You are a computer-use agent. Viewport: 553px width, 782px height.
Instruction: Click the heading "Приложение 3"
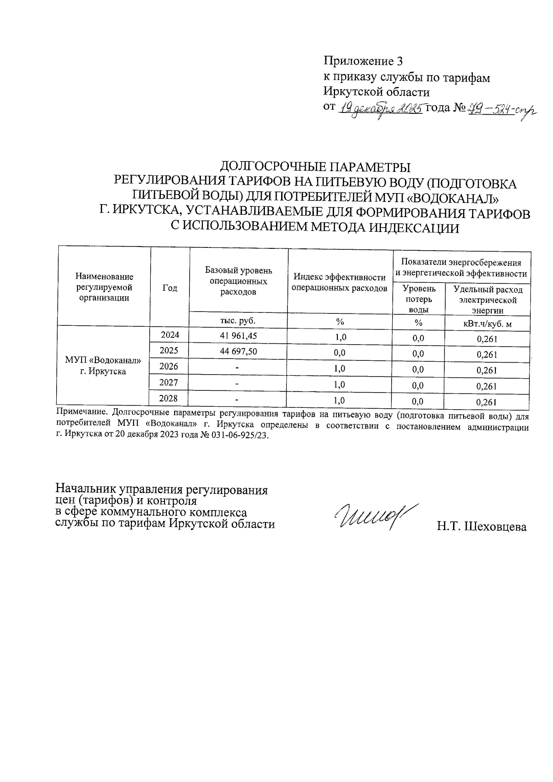364,61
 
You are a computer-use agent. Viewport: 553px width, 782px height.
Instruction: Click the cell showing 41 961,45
239,336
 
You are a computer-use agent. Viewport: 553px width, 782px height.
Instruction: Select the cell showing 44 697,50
239,352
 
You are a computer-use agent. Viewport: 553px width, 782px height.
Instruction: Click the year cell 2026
169,367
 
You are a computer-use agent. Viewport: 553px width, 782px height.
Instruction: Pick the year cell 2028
169,398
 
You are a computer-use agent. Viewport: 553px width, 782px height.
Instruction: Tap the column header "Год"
170,288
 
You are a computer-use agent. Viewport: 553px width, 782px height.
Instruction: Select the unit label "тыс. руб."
238,320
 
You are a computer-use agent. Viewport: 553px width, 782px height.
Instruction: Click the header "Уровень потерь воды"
418,299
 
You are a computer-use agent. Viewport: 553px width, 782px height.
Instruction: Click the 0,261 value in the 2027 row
487,386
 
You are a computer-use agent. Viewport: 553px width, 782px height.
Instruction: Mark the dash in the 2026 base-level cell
237,368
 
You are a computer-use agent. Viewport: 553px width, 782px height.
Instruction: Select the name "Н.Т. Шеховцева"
482,527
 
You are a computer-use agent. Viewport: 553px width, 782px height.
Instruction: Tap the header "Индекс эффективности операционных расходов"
340,282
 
